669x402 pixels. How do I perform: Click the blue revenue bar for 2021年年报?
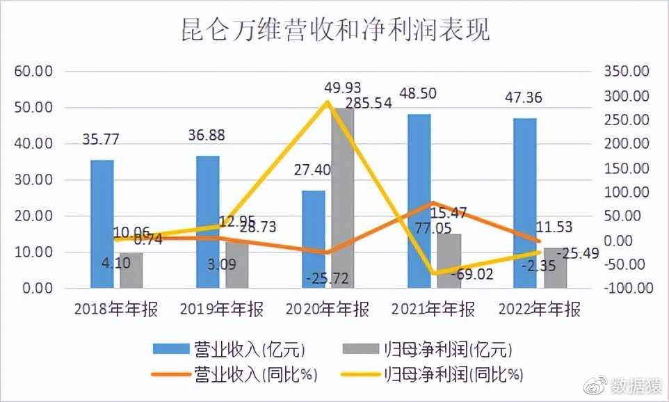click(419, 202)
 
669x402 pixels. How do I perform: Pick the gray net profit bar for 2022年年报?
click(555, 268)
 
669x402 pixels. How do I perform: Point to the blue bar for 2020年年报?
click(313, 239)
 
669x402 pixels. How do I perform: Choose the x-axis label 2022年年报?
click(538, 309)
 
